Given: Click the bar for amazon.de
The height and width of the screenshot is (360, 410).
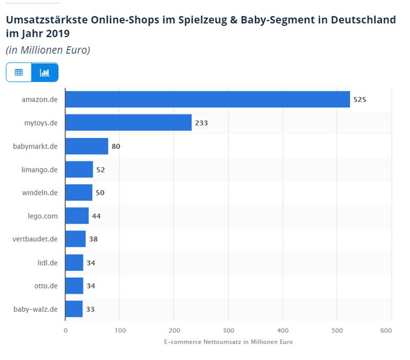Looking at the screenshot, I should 207,99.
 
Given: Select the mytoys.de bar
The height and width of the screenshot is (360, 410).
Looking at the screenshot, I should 128,122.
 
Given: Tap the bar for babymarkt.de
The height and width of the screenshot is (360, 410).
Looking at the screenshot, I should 86,146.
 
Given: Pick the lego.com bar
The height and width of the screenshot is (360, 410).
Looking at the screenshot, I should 77,216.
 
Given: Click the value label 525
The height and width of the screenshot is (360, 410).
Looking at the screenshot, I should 360,99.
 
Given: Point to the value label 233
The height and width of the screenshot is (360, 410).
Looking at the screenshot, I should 201,123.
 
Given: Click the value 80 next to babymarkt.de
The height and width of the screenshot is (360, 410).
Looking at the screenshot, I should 116,146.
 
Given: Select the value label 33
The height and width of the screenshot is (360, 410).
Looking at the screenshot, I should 90,309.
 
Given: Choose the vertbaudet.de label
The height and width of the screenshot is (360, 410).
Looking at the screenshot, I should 35,239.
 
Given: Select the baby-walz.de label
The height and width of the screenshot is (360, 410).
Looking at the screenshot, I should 36,309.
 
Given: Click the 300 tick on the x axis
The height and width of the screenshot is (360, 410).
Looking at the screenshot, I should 228,330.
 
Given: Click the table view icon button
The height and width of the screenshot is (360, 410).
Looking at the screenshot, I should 19,72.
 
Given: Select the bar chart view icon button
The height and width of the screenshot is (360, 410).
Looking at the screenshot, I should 45,72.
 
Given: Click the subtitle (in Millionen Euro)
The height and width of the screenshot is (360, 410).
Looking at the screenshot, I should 48,50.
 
